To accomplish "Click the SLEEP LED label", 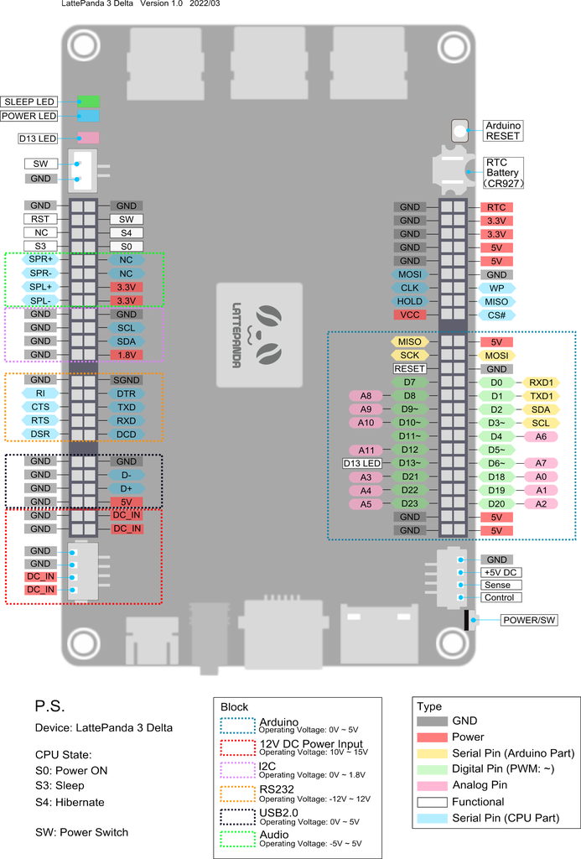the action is (x=29, y=102).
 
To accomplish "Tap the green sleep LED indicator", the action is (x=88, y=102).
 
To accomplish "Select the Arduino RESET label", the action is (x=503, y=130).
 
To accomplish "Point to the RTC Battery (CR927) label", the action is (x=503, y=173).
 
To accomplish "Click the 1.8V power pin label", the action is (x=127, y=355).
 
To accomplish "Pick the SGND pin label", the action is (x=127, y=380).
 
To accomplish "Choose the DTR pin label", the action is (x=127, y=393).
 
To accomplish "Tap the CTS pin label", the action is (x=40, y=407).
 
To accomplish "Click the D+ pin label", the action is (x=127, y=488).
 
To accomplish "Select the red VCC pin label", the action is (x=410, y=315).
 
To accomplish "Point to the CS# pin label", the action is (x=496, y=315).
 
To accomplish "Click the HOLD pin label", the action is (x=410, y=301).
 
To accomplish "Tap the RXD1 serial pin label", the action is (x=541, y=383).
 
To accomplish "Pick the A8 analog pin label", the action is (x=366, y=396).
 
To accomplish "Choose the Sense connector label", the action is (x=497, y=585).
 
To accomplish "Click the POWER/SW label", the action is (x=529, y=620).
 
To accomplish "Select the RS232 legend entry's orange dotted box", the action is (x=237, y=794).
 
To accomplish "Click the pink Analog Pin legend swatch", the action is (x=432, y=785).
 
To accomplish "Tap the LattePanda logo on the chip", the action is (x=259, y=335).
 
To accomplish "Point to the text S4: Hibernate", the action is (x=70, y=802).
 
